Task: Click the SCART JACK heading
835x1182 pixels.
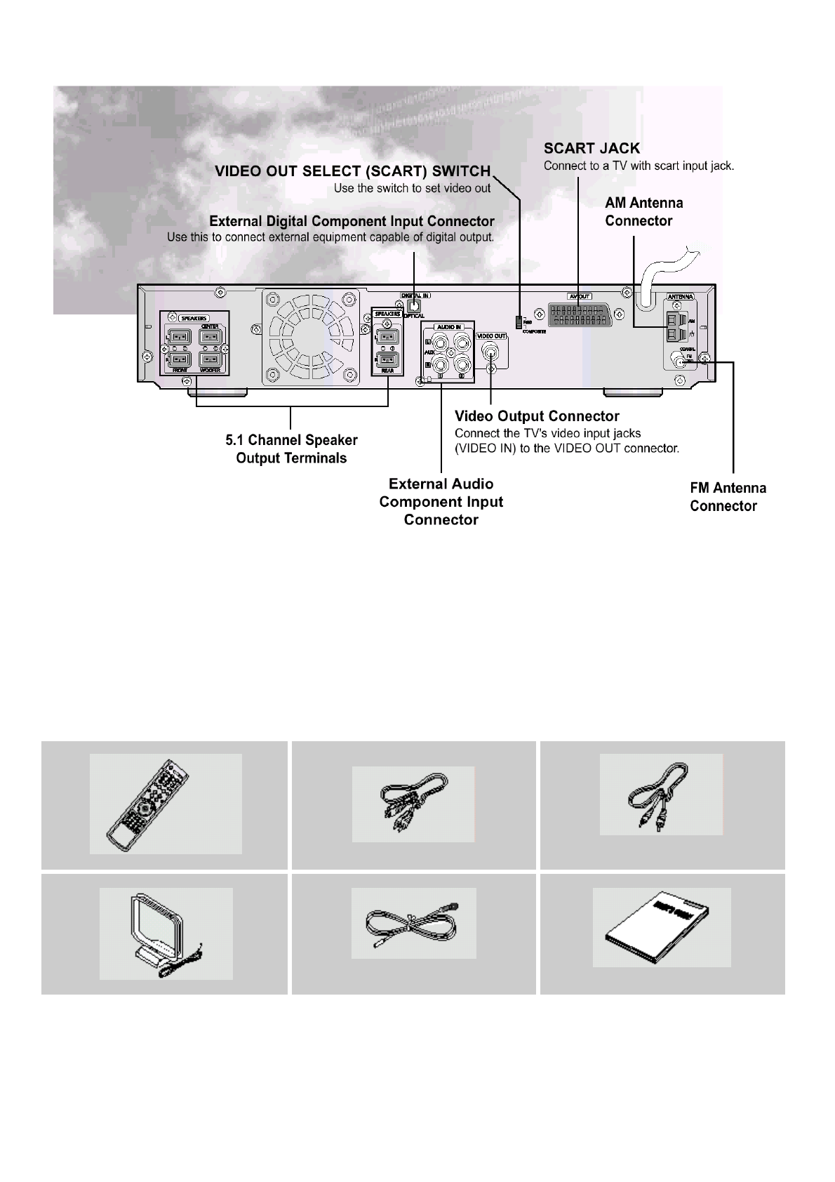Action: coord(592,148)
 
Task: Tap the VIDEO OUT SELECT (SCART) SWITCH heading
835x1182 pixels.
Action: coord(352,171)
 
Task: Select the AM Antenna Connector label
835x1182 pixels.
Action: coord(643,212)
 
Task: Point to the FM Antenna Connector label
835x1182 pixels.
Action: coord(728,497)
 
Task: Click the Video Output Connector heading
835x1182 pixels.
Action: coord(537,416)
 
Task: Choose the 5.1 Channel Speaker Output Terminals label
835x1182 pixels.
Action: coord(291,449)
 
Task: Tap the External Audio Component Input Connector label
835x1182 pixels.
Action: coord(441,502)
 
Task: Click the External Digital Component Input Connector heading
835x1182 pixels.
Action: coord(352,221)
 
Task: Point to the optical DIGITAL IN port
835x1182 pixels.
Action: coord(414,305)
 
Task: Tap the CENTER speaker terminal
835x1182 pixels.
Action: coord(210,338)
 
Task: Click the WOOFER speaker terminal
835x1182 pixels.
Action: coord(210,359)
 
